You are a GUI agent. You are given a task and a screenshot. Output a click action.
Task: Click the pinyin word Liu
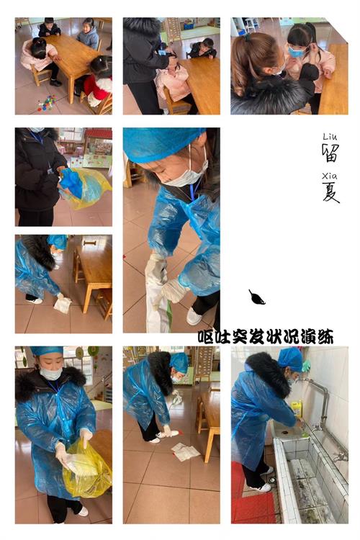(x=330, y=137)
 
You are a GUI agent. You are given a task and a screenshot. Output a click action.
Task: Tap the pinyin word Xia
(x=330, y=176)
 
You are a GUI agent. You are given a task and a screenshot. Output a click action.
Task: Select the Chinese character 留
(x=330, y=153)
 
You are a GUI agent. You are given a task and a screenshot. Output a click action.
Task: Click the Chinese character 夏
(x=330, y=192)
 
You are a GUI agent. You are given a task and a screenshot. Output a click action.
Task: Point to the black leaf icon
(x=256, y=297)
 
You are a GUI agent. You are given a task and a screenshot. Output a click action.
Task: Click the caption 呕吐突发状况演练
(x=266, y=337)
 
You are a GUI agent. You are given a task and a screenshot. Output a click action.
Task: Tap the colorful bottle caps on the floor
(x=47, y=103)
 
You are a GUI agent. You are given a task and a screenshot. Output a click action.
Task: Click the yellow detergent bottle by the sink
(x=297, y=410)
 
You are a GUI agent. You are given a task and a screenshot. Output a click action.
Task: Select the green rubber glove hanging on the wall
(x=306, y=365)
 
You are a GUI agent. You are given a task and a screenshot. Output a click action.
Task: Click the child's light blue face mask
(x=296, y=53)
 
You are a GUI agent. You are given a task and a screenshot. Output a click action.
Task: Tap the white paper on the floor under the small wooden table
(x=63, y=303)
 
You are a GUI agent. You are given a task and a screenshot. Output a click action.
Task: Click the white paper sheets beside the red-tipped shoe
(x=185, y=452)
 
